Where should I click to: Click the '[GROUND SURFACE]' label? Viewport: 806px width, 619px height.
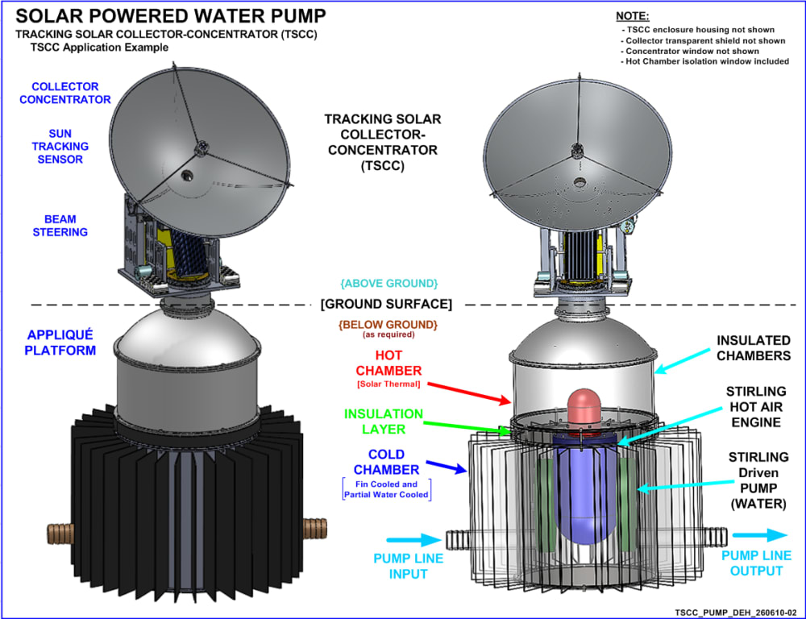[386, 305]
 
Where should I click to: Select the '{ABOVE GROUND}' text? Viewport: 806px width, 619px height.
[388, 284]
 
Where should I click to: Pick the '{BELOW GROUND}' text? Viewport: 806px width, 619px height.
[388, 324]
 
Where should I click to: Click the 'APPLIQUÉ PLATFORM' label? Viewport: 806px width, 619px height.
[61, 342]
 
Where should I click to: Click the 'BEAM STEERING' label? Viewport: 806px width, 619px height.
[60, 225]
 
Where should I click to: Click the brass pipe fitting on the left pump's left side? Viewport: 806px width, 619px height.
[59, 533]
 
